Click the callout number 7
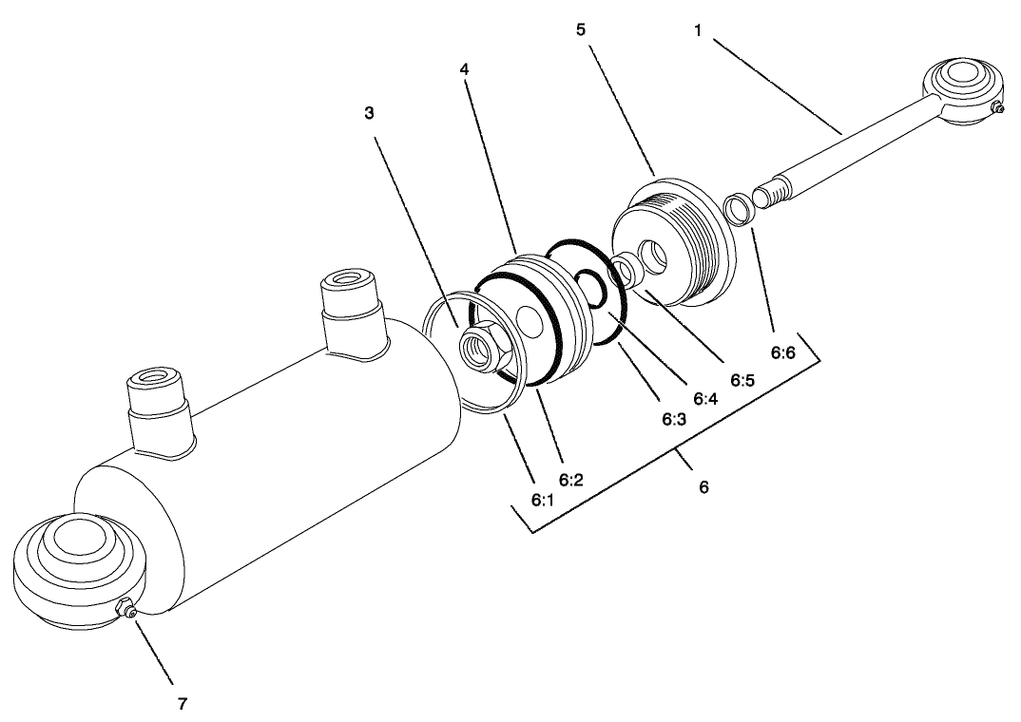coord(183,703)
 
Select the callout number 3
coord(369,113)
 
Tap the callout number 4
coord(464,68)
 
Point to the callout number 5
coord(581,29)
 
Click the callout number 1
coord(698,29)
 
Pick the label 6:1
coord(543,500)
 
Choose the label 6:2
coord(571,480)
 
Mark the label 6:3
coord(674,420)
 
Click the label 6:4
coord(705,399)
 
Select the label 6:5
coord(742,380)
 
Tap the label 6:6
coord(783,353)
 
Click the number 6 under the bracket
coord(703,486)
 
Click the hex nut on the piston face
coord(480,346)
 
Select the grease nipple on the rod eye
coord(996,108)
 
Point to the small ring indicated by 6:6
coord(739,209)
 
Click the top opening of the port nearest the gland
coord(348,279)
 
